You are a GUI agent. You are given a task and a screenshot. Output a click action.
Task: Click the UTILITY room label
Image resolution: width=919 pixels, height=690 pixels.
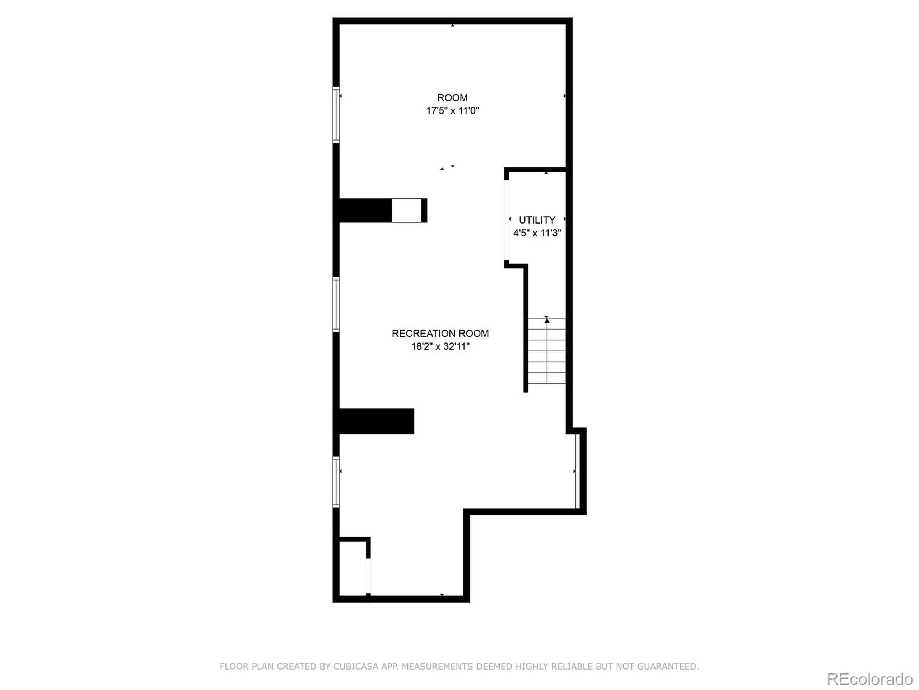537,220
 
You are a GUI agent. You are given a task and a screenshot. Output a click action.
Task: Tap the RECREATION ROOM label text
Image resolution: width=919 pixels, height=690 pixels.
440,333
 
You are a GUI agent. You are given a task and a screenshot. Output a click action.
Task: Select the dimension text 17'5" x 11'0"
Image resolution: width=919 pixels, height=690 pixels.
452,111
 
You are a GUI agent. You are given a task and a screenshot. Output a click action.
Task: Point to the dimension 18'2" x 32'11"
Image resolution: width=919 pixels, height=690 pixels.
440,346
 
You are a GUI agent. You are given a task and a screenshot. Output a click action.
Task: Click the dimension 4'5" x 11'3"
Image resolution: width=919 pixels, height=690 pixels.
537,233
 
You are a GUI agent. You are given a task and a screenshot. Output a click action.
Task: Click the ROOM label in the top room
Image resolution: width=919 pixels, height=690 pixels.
452,98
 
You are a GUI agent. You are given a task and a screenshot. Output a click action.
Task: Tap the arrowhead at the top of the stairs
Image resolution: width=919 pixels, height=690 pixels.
547,320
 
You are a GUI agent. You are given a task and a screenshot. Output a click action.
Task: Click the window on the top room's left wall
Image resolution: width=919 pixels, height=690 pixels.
336,115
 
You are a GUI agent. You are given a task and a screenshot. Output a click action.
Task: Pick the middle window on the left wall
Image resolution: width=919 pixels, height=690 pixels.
336,304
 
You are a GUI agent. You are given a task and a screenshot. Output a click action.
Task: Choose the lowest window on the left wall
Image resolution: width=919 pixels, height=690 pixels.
336,482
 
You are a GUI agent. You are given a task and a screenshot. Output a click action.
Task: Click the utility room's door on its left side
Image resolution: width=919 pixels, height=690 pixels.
507,220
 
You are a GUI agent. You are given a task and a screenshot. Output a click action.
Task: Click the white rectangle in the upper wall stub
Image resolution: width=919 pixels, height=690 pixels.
406,211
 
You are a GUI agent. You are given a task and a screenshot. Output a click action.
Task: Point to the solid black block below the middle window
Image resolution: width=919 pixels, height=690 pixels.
376,421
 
